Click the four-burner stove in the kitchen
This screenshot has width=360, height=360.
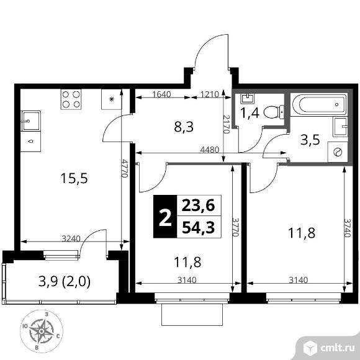coord(71,99)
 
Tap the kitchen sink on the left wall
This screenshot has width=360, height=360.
coord(31,121)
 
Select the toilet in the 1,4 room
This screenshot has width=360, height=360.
coord(274,112)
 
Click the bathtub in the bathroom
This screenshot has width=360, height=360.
coord(319,104)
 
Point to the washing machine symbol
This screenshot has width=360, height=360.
coord(338,152)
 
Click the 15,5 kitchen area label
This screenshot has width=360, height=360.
coord(74,178)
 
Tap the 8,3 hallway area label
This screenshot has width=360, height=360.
coord(184,127)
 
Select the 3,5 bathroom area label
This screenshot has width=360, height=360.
coord(310,140)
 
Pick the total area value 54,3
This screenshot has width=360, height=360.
coord(199,227)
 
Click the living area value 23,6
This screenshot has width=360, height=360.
coord(199,205)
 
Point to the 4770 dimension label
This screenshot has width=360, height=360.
coord(125,168)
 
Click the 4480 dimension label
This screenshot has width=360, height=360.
coord(210,150)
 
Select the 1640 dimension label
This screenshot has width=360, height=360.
coord(161,94)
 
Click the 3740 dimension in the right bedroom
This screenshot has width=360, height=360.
coord(347,227)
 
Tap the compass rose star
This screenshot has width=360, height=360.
coord(42,331)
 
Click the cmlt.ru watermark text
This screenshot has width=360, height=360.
coord(337,348)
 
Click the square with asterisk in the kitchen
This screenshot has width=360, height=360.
coord(112,99)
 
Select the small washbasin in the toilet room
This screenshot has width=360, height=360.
coord(247,99)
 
